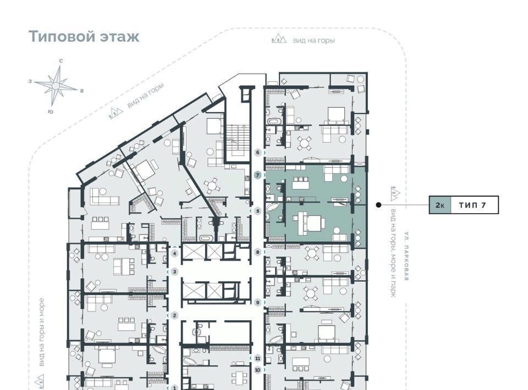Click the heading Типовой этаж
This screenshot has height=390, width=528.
tap(84, 36)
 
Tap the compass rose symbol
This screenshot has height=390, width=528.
tap(56, 86)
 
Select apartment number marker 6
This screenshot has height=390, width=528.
tap(258, 153)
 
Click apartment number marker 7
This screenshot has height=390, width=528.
tap(258, 175)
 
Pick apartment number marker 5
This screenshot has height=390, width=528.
tap(258, 211)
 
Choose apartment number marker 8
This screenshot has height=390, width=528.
tap(258, 252)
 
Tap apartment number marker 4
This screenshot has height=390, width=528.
tap(174, 253)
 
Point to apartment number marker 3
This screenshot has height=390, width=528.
tap(174, 271)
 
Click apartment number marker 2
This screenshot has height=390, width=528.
tap(174, 315)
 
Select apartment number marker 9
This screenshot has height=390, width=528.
tap(258, 303)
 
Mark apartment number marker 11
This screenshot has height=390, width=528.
tap(258, 358)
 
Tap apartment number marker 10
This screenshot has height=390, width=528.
tap(258, 370)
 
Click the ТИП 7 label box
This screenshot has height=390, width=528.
tap(473, 205)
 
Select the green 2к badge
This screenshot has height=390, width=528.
tap(439, 205)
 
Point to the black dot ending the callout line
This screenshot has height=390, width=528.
tap(378, 205)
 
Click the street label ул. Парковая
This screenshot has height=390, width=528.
tap(407, 256)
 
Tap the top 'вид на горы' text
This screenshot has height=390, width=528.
tap(314, 40)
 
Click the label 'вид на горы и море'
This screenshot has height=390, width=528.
tap(41, 332)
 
